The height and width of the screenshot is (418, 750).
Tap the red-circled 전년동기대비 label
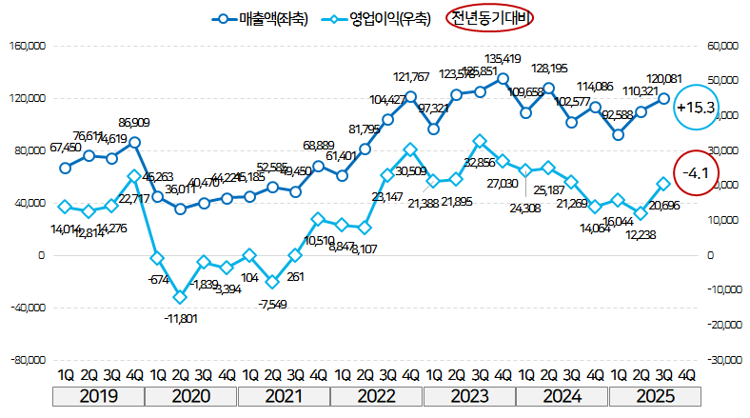[x=490, y=17]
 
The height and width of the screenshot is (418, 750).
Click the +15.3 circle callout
[x=695, y=108]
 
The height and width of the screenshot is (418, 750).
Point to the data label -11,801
[x=178, y=318]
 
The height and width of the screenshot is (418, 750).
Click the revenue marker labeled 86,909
[x=134, y=142]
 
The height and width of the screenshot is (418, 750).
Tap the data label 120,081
[x=665, y=79]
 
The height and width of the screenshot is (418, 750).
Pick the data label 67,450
[x=64, y=147]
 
